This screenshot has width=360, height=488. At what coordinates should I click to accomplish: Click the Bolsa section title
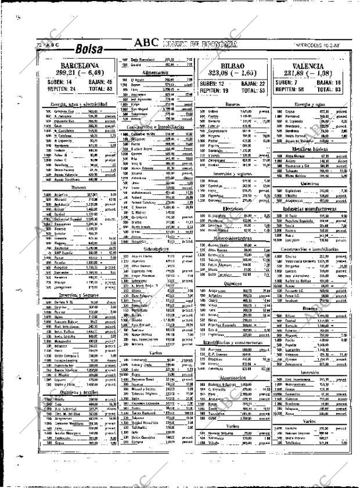(89, 49)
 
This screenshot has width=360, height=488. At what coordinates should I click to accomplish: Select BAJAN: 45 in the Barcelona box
(98, 82)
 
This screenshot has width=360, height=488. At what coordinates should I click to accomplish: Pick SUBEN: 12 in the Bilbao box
(213, 84)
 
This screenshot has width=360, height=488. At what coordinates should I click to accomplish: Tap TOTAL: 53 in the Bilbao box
(253, 91)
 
